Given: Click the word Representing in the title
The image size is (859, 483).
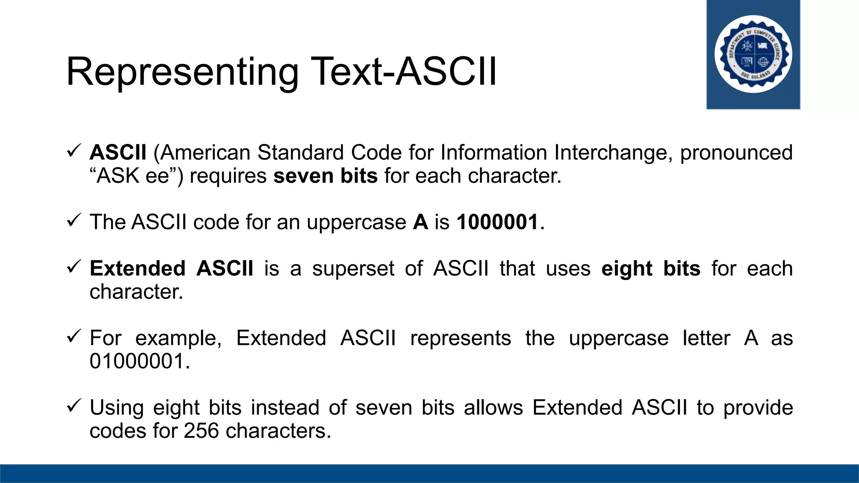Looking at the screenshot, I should tap(182, 72).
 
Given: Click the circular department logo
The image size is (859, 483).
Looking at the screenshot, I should tap(753, 55).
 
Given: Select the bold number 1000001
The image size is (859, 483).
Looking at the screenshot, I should tap(497, 222).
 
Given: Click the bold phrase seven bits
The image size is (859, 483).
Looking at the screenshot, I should tap(325, 176).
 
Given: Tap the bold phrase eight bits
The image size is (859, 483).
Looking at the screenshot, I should tap(651, 268).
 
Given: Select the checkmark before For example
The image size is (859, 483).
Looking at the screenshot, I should tap(73, 336).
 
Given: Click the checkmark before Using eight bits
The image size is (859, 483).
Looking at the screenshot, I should tap(73, 405).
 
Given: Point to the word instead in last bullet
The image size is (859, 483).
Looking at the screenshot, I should tap(285, 408).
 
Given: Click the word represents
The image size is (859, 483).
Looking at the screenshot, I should tap(461, 338).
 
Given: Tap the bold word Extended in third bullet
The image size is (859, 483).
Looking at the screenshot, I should tap(138, 268).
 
